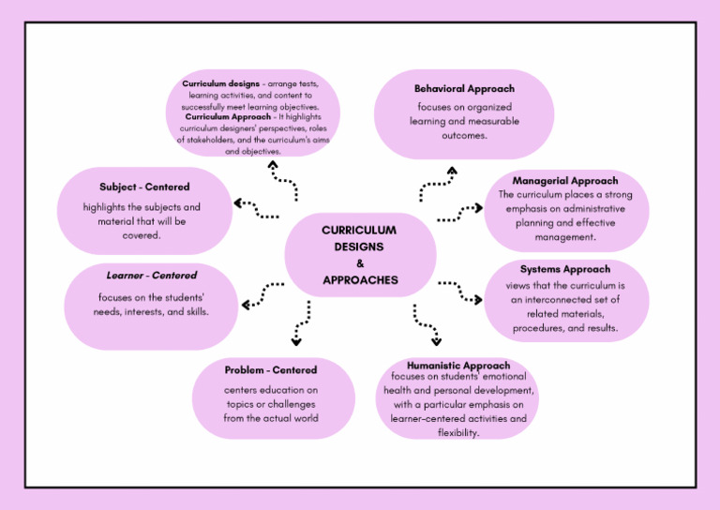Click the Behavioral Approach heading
464,89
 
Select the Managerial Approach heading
564,180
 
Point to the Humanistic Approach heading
458,365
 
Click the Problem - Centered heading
271,370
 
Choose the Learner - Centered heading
151,276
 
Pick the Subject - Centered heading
144,187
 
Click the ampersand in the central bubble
360,263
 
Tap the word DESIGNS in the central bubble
359,247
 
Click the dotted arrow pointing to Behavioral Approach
437,185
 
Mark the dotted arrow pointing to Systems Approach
460,292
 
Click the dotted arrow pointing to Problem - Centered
301,323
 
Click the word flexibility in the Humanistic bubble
458,433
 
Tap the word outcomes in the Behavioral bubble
464,135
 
